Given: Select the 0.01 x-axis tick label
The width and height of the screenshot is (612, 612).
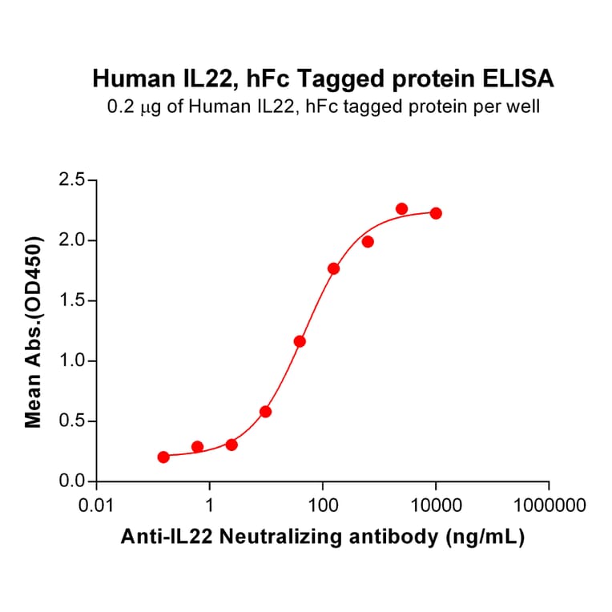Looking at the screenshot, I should [96, 506].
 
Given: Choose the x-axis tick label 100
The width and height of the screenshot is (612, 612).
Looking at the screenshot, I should [322, 506].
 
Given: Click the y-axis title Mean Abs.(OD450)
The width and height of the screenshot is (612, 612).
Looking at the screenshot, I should [34, 331].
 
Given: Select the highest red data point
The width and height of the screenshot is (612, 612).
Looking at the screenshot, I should [401, 209].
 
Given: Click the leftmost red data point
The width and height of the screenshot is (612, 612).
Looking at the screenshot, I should [163, 457].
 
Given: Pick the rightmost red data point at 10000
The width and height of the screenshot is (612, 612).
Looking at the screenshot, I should [436, 213].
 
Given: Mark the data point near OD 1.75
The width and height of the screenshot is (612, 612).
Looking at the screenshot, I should [333, 268].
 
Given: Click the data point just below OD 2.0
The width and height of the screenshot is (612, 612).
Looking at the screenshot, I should [368, 242].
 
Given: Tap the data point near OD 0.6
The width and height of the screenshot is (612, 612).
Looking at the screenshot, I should [265, 412].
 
